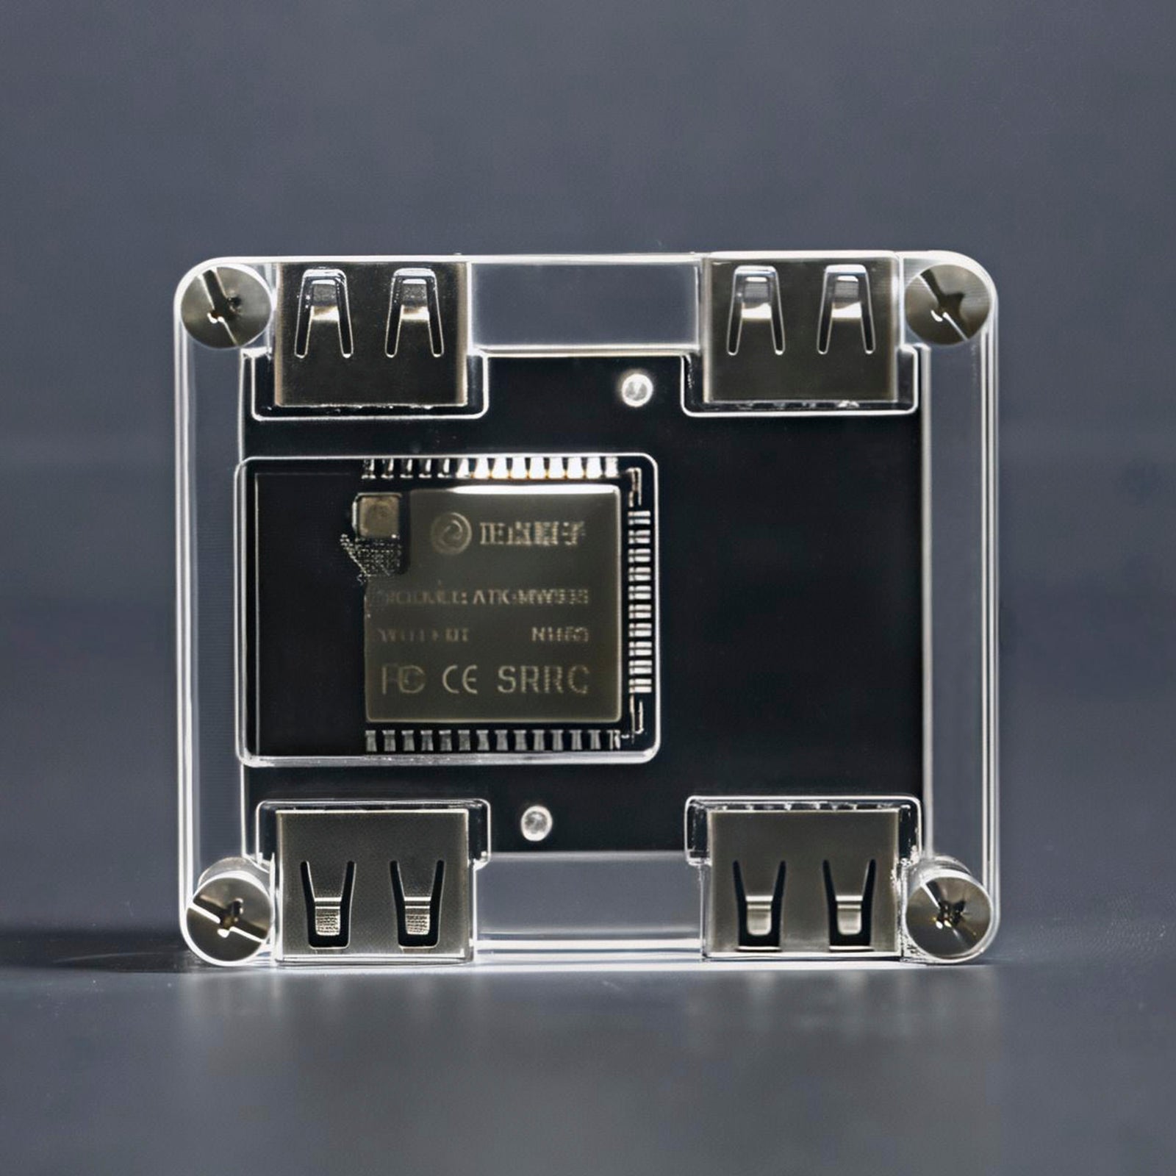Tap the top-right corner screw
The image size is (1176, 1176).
click(x=946, y=303)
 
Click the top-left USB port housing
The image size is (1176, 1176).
click(x=371, y=334)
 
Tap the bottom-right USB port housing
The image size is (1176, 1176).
click(x=801, y=883)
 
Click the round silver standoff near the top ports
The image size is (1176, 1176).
click(x=636, y=390)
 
